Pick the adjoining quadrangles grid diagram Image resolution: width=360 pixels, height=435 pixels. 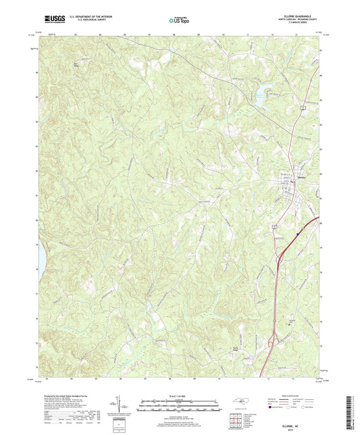[237, 419]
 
